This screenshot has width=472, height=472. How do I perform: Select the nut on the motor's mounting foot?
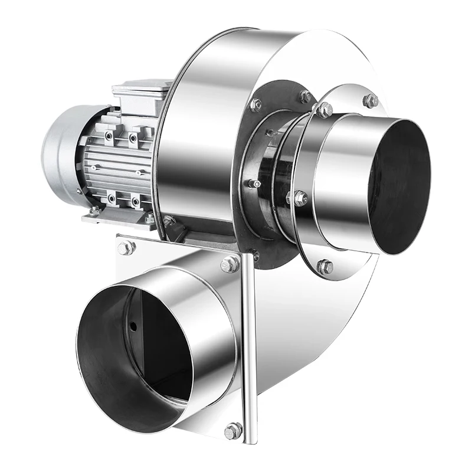click(94, 211)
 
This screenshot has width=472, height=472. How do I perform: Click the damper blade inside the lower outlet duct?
click(156, 342)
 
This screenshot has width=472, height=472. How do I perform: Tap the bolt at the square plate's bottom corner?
click(234, 430)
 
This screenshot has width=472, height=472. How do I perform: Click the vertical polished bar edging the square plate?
click(250, 348)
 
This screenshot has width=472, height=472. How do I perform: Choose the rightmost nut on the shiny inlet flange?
click(370, 101)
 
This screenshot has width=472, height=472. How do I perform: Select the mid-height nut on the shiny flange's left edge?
click(299, 198)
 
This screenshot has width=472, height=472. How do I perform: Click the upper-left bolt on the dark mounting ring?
click(256, 105)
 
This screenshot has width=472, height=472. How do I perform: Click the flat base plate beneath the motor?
click(118, 219)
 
